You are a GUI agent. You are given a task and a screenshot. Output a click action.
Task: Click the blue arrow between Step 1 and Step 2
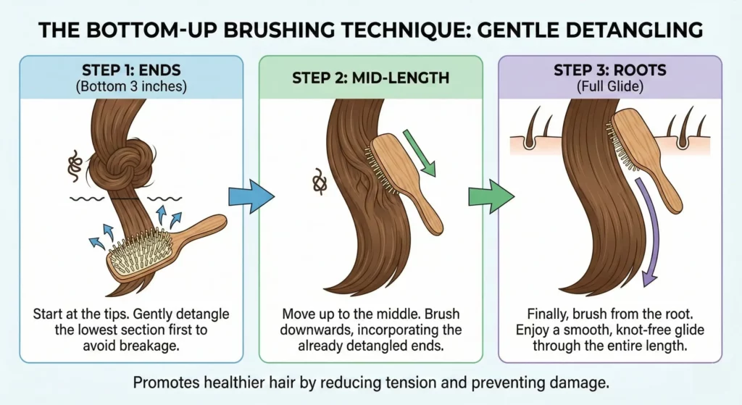(x=251, y=196)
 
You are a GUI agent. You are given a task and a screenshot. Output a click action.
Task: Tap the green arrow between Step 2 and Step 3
(x=491, y=196)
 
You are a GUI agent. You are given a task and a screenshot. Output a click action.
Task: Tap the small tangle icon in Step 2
(x=318, y=181)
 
